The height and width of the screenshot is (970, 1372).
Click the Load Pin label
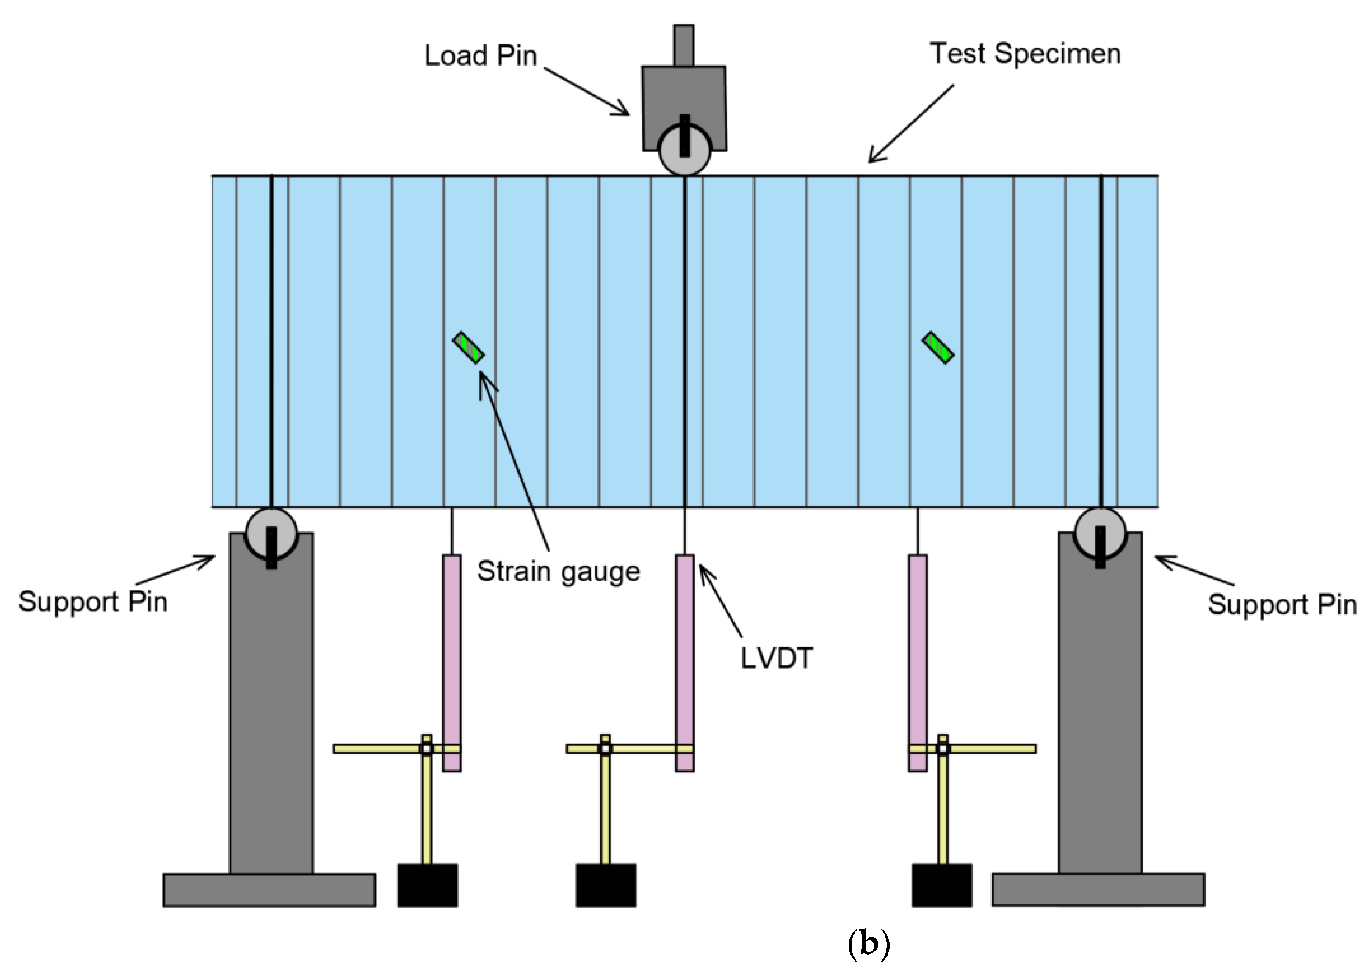pos(481,55)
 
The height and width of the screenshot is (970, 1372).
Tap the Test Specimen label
pos(1025,54)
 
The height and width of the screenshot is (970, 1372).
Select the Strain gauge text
pos(558,571)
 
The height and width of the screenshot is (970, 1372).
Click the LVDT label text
pos(777,659)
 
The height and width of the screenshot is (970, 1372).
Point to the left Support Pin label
pos(93,602)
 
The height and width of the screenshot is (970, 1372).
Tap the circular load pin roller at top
pos(685,151)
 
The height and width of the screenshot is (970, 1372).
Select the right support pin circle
pos(1100,533)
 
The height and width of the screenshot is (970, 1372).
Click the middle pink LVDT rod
pos(685,663)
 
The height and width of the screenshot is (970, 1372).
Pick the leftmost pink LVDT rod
pos(452,663)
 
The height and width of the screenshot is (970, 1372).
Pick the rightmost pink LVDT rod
pos(918,663)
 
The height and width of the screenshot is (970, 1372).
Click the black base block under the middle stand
pos(606,885)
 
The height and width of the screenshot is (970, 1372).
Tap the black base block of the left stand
pos(428,885)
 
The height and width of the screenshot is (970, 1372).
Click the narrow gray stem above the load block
pos(683,45)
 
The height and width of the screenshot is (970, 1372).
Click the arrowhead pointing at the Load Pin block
pos(625,112)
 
